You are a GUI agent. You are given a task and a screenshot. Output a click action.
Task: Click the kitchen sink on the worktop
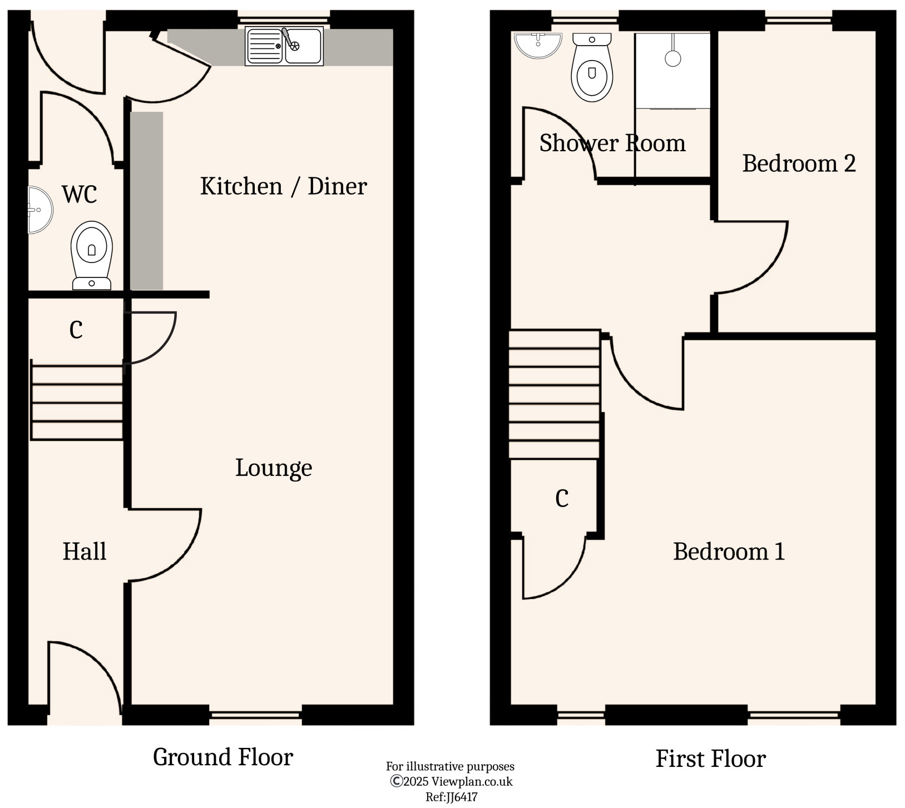tap(284, 46)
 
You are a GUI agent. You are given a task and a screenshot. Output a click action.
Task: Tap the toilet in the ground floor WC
tap(92, 255)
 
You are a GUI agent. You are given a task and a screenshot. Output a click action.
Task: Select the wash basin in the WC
tap(40, 210)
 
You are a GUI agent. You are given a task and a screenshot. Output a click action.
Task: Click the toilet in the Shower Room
tap(592, 67)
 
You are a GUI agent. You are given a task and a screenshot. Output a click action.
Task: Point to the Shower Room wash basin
tap(538, 45)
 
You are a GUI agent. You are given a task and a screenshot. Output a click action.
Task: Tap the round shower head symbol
tap(673, 58)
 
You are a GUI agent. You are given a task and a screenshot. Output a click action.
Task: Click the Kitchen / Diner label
tap(283, 186)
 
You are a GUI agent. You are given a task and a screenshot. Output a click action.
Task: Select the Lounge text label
tap(274, 468)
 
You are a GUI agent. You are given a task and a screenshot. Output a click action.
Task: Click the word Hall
tap(85, 551)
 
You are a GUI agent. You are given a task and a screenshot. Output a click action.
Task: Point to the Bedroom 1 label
tap(729, 551)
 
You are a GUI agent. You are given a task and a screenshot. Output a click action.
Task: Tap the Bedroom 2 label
tap(799, 163)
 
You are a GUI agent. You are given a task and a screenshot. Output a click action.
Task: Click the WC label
tap(80, 195)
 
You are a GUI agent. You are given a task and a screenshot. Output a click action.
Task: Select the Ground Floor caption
tap(223, 757)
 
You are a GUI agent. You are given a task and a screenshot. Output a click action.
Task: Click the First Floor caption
tap(711, 759)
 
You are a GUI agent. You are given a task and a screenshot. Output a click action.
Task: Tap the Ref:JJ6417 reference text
tap(451, 797)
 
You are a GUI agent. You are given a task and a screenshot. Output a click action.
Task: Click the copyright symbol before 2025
tap(397, 781)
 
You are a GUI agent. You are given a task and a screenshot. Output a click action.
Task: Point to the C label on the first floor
tap(562, 498)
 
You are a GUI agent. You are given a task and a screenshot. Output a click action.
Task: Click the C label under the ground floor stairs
tap(76, 330)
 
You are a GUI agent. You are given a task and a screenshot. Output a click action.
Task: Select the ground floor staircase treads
tap(77, 400)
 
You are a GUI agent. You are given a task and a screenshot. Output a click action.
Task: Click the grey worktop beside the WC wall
tap(147, 201)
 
